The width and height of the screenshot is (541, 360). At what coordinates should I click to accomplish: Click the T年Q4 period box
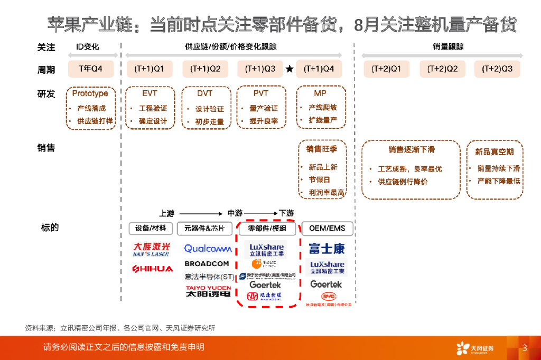pyautogui.click(x=90, y=69)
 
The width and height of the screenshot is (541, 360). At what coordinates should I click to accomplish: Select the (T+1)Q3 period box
pyautogui.click(x=260, y=69)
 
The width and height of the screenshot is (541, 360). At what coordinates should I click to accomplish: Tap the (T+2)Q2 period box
pyautogui.click(x=442, y=69)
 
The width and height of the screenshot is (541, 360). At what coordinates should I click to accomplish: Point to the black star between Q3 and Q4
pyautogui.click(x=289, y=69)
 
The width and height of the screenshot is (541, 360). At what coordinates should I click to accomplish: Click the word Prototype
pyautogui.click(x=90, y=93)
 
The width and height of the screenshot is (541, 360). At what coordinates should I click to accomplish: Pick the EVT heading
pyautogui.click(x=150, y=93)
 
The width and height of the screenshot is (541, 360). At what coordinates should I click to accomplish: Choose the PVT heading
pyautogui.click(x=260, y=93)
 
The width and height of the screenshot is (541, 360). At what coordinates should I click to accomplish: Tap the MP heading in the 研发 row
pyautogui.click(x=320, y=93)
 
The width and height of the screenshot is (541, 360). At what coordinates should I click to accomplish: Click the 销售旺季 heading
pyautogui.click(x=322, y=149)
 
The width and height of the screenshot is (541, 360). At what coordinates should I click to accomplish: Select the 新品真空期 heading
pyautogui.click(x=494, y=152)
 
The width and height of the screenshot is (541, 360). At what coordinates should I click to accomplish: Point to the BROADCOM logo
pyautogui.click(x=207, y=263)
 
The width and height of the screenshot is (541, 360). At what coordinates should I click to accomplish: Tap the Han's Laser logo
pyautogui.click(x=152, y=249)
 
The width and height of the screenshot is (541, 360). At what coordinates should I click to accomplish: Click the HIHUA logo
pyautogui.click(x=152, y=269)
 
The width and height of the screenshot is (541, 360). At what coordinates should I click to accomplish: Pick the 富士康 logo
pyautogui.click(x=327, y=248)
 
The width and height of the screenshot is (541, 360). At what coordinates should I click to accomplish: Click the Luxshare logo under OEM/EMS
pyautogui.click(x=327, y=267)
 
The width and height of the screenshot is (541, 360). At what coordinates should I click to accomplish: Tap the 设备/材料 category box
pyautogui.click(x=151, y=229)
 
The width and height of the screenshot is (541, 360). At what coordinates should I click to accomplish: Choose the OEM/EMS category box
pyautogui.click(x=327, y=229)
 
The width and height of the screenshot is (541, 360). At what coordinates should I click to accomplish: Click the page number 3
pyautogui.click(x=525, y=347)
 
